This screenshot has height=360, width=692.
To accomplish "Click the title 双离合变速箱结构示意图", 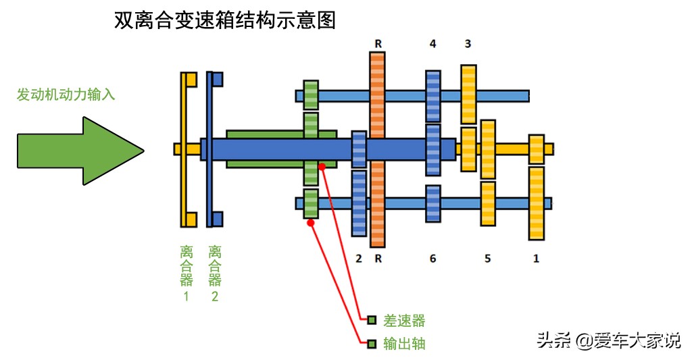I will [x=226, y=20].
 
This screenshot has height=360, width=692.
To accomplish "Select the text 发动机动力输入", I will [x=66, y=95].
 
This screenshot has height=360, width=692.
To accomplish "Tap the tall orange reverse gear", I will [x=377, y=149].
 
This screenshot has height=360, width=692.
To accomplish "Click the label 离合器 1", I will [x=187, y=274].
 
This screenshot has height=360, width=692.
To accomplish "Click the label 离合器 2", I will [x=215, y=274].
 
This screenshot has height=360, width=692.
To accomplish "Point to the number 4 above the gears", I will [x=432, y=45].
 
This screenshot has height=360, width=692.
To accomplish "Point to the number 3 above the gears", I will [x=468, y=45].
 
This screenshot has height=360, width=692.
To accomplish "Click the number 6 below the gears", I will [x=432, y=259].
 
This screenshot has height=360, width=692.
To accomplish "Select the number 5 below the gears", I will [x=487, y=259].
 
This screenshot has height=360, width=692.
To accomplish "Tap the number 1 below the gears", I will [x=537, y=259].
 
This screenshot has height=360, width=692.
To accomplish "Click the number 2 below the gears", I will [x=359, y=259].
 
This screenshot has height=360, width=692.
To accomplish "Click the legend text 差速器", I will [x=404, y=320].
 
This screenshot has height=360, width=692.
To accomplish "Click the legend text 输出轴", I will [x=404, y=344].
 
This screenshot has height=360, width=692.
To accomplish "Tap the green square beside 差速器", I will [x=372, y=320].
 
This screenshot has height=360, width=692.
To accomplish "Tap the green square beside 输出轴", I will [x=372, y=344].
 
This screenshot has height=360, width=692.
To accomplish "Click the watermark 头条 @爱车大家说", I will [x=609, y=340].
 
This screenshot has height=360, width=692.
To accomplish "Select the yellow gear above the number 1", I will [x=537, y=203].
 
